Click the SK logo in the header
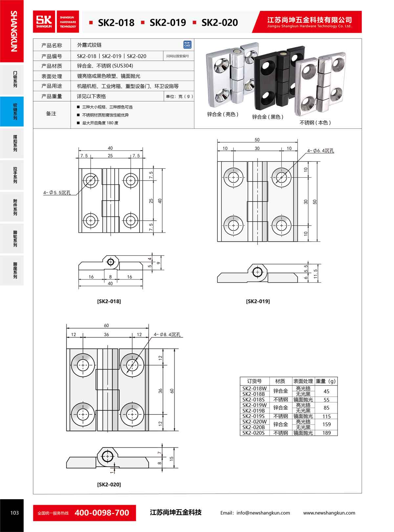click(x=44, y=22)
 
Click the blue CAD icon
click(x=187, y=45)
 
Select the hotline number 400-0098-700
click(x=102, y=513)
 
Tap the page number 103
click(x=14, y=513)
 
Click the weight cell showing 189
click(x=326, y=433)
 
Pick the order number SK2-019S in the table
click(x=253, y=416)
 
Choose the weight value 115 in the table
click(x=326, y=416)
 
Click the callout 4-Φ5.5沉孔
click(x=57, y=193)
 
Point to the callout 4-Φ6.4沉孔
click(x=320, y=151)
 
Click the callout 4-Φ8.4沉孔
click(x=167, y=335)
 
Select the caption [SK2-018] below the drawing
click(x=109, y=301)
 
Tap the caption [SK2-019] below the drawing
click(x=258, y=301)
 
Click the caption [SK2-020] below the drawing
click(x=109, y=484)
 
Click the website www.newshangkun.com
click(x=329, y=513)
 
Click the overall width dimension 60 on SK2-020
click(x=106, y=325)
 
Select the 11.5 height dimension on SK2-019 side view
click(x=316, y=273)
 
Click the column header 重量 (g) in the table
click(x=326, y=381)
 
